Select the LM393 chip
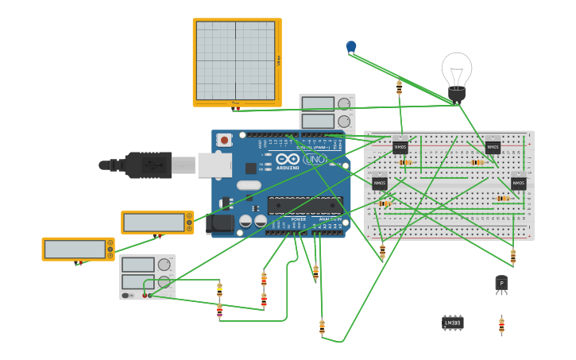[452, 322]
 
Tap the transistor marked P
[501, 284]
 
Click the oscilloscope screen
[235, 60]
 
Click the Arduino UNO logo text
[315, 159]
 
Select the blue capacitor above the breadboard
[351, 47]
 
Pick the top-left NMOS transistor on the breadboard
[400, 147]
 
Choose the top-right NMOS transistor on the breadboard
[493, 147]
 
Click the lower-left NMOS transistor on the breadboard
[380, 184]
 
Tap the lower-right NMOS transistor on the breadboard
[518, 184]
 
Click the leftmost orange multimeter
[78, 249]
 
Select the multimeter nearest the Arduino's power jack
[157, 223]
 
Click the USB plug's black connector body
[148, 165]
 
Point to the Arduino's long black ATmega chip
[305, 206]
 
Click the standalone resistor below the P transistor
[501, 325]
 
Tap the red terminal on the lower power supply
[145, 296]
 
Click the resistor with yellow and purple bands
[219, 311]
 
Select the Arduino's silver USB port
[214, 165]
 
